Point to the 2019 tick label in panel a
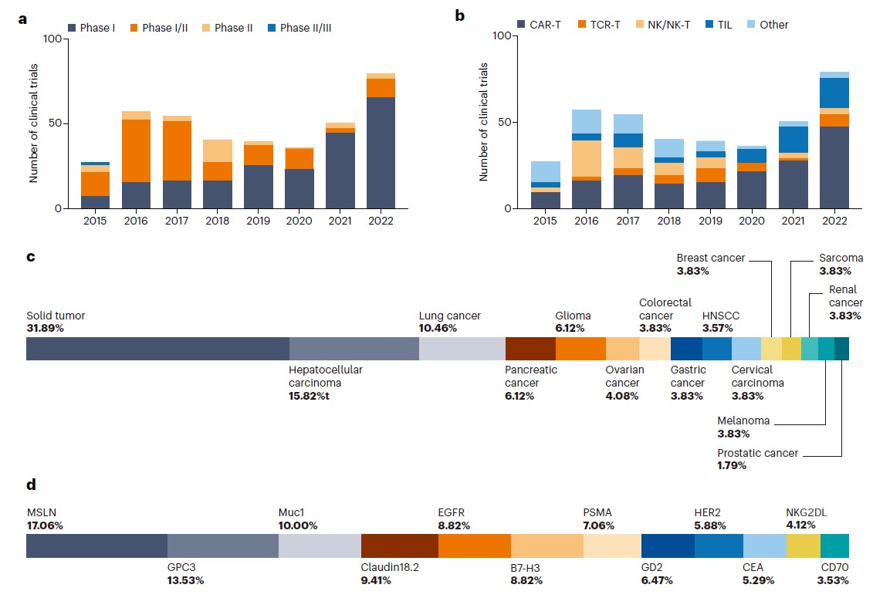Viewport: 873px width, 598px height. (258, 221)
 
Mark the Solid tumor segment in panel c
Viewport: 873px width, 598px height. (157, 349)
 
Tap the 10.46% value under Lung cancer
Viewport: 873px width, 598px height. (438, 328)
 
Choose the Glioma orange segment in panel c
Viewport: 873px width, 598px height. (580, 349)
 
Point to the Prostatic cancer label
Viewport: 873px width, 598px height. (757, 453)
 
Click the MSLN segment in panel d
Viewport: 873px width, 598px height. (96, 546)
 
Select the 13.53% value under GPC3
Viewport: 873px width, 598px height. (185, 580)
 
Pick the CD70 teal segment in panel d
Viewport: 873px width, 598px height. (834, 546)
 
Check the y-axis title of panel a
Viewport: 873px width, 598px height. (34, 123)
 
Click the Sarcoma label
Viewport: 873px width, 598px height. (841, 258)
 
